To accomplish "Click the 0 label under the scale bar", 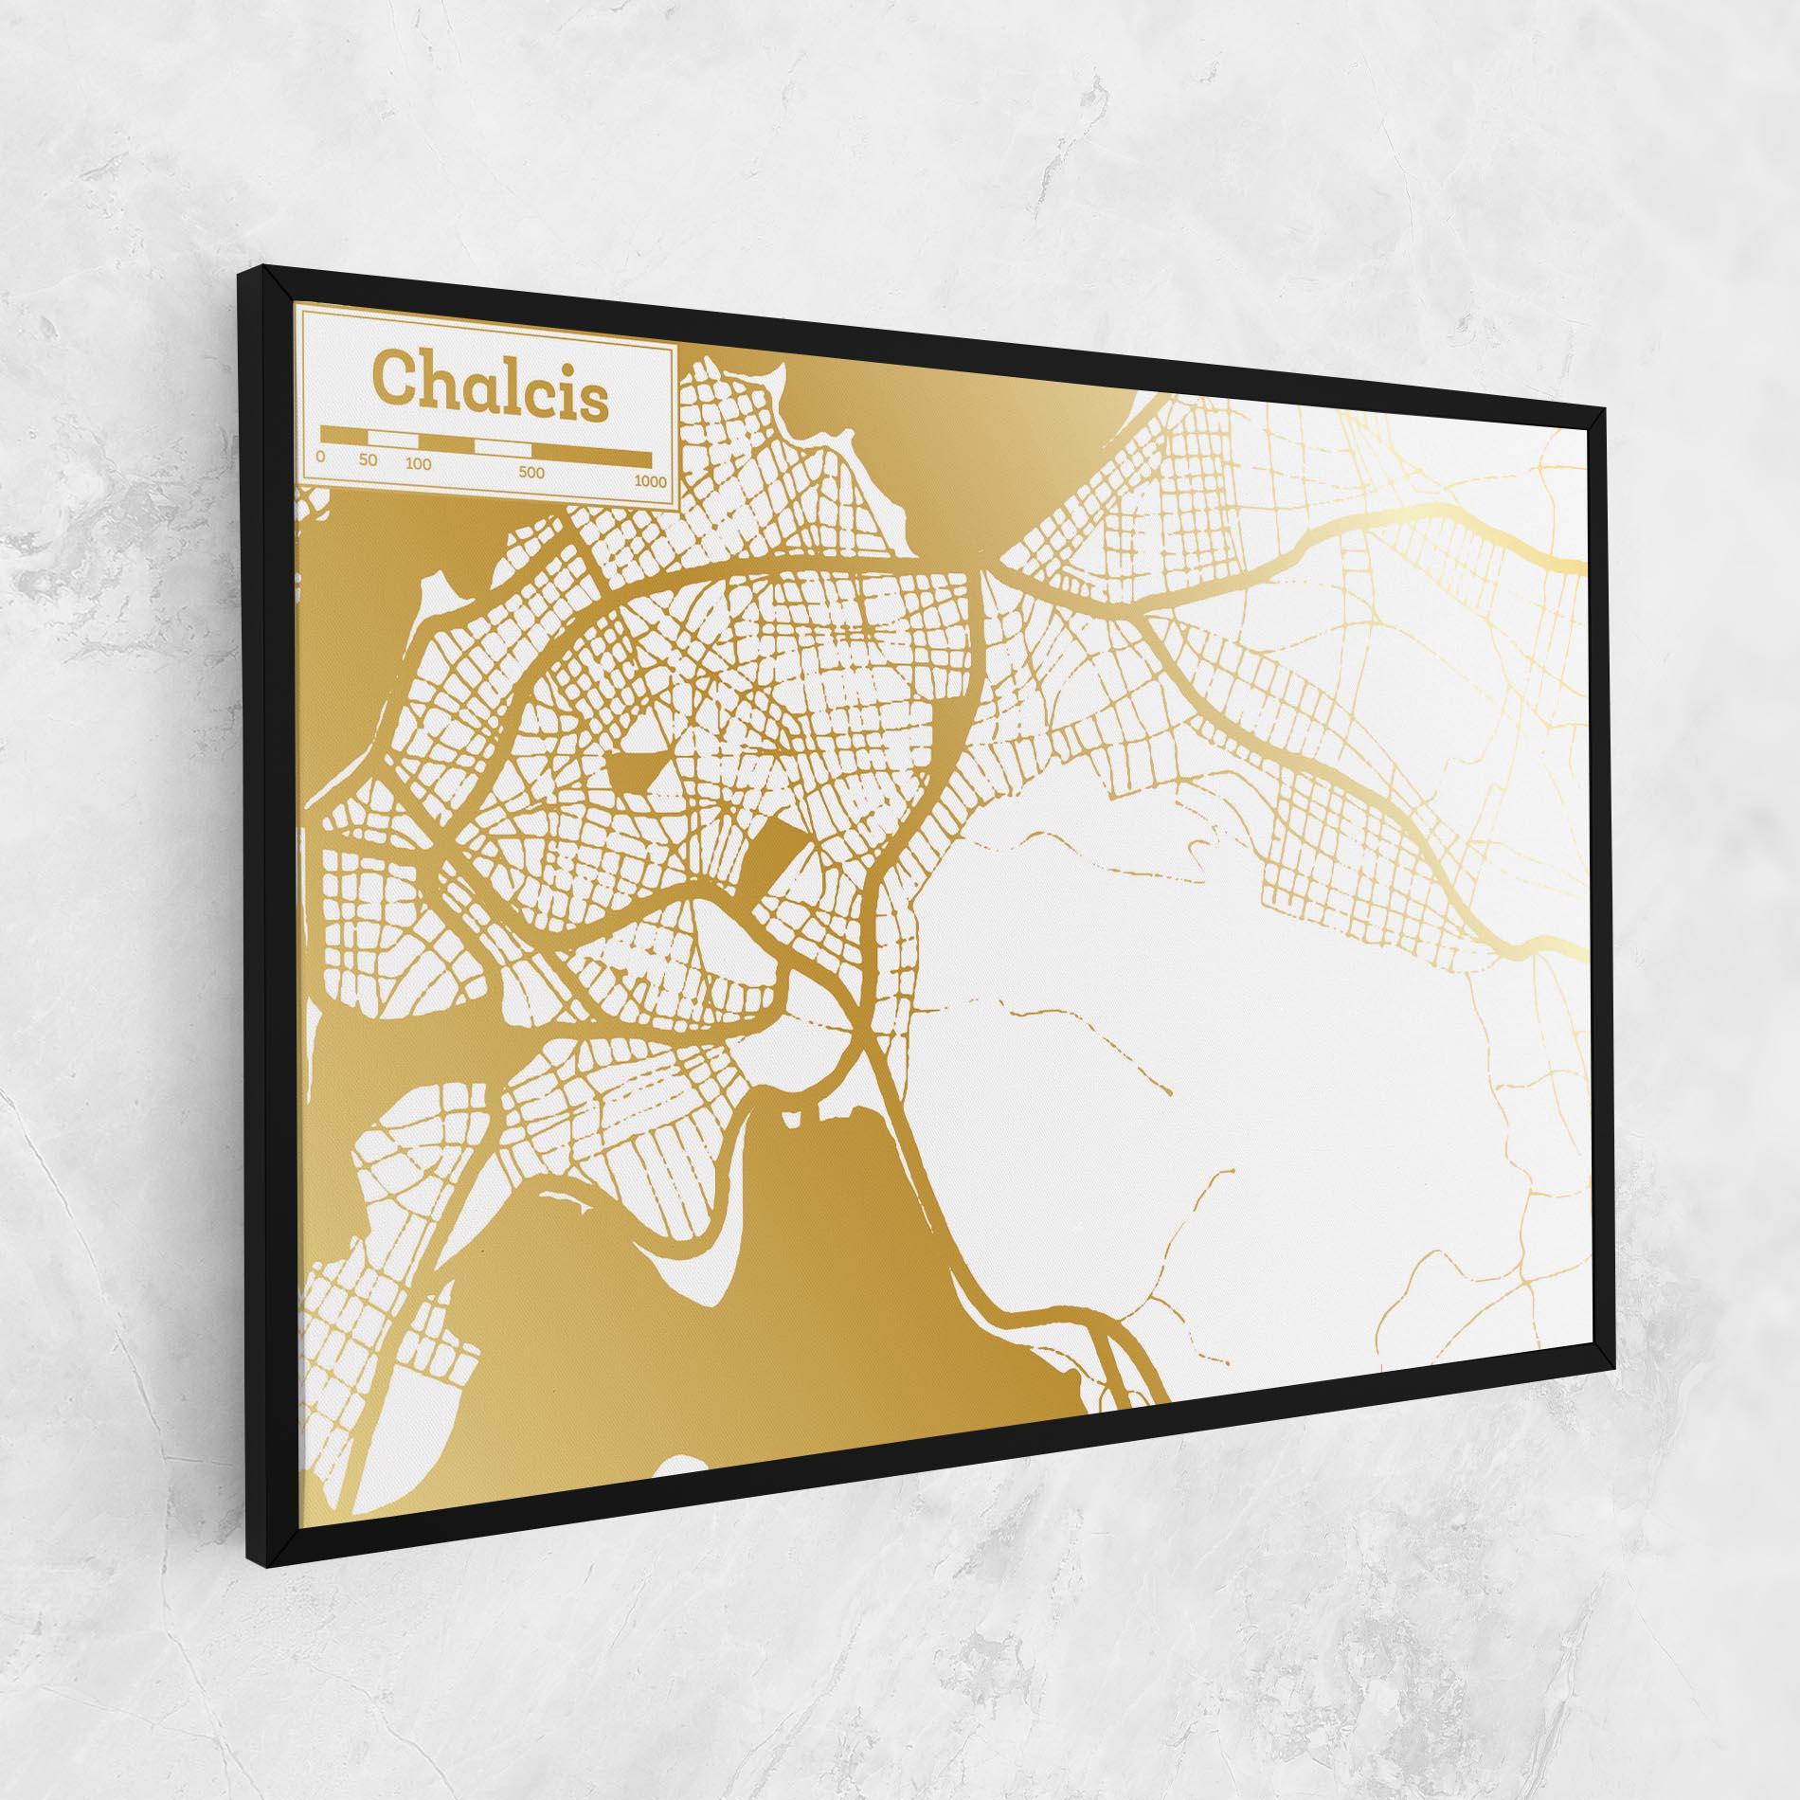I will pyautogui.click(x=320, y=456).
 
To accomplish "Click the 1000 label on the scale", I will pyautogui.click(x=651, y=481).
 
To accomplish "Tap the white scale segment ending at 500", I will pyautogui.click(x=502, y=446).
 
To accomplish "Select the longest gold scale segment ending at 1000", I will pyautogui.click(x=597, y=454).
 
